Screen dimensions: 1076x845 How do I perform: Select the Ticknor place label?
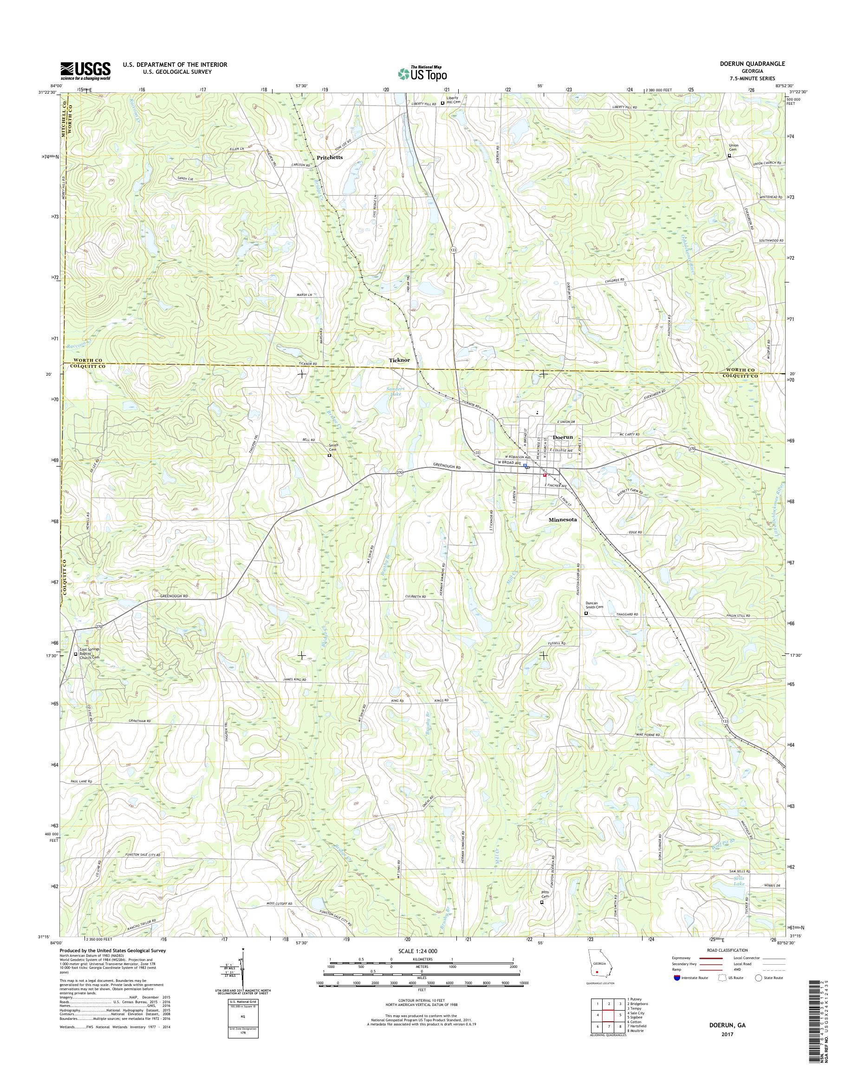[x=399, y=360]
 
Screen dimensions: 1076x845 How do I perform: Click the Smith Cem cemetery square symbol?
[x=329, y=456]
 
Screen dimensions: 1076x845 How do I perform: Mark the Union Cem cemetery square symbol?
[x=729, y=156]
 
